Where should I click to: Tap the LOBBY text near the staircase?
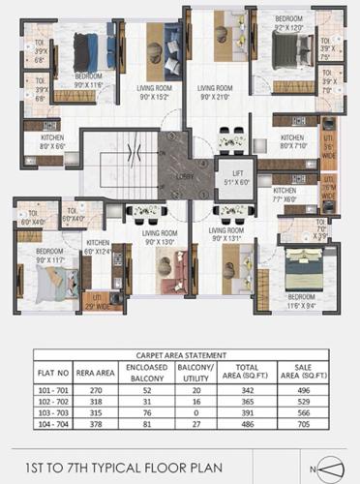184,176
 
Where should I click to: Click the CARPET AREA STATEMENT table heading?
181,356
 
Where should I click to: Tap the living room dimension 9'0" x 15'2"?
155,97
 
